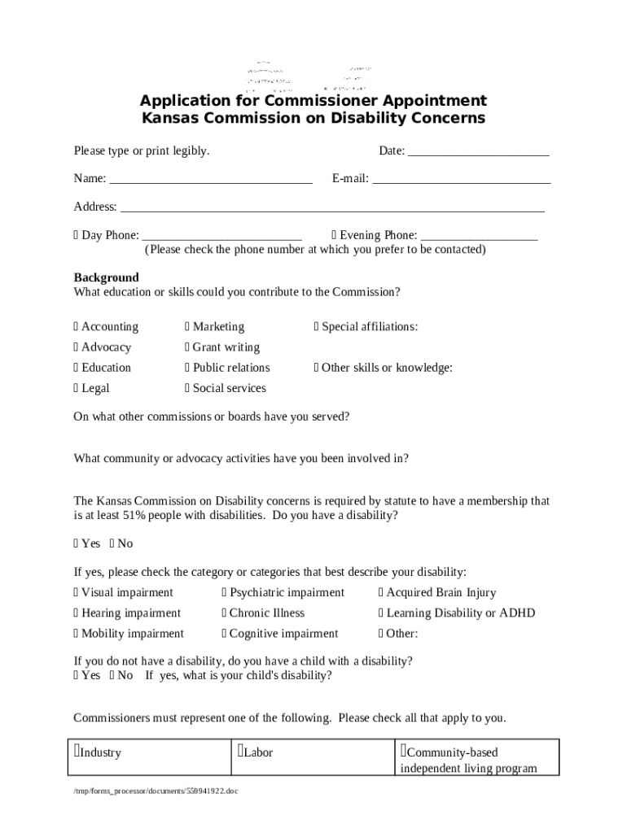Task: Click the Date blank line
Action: coord(478,152)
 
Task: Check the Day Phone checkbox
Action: coord(76,235)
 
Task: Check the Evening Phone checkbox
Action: coord(334,235)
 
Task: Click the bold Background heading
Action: coord(107,277)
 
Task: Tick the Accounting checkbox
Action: coord(76,327)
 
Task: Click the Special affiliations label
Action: coord(369,327)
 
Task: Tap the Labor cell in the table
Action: coord(257,753)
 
